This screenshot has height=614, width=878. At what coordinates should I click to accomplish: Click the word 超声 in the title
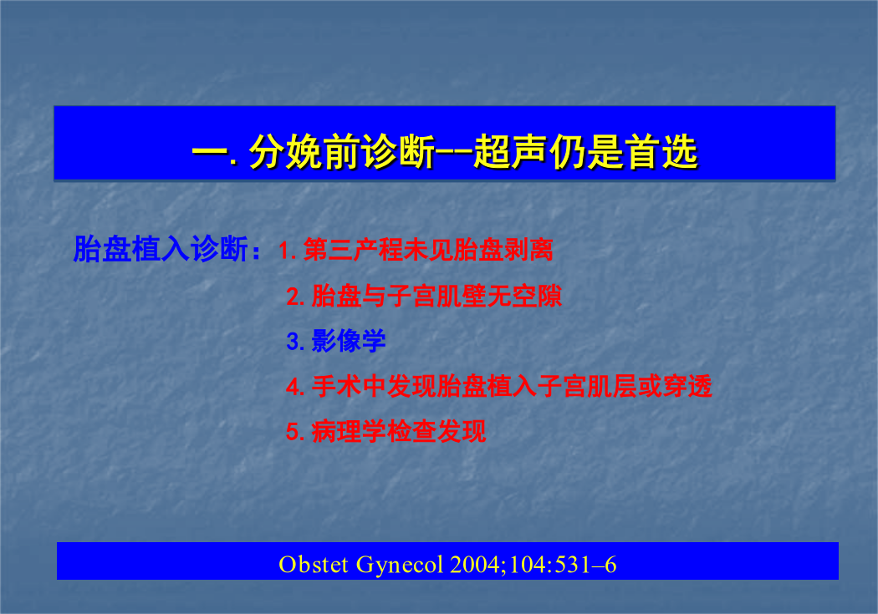(x=509, y=151)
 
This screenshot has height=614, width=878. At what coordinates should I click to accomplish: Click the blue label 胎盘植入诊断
(x=161, y=250)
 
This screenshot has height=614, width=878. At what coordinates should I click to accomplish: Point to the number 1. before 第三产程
(x=288, y=250)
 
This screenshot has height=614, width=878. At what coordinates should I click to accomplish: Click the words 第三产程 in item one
(x=353, y=250)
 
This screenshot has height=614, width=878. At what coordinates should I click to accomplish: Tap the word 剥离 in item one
(x=528, y=250)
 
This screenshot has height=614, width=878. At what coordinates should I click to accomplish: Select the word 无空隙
(x=524, y=296)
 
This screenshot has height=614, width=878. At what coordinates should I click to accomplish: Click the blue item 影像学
(x=349, y=341)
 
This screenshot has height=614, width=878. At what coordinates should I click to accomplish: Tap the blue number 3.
(x=295, y=341)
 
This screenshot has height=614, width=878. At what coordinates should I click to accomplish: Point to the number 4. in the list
(x=295, y=387)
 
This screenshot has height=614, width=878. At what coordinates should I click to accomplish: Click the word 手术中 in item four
(x=349, y=387)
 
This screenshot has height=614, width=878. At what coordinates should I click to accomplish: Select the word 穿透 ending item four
(x=687, y=387)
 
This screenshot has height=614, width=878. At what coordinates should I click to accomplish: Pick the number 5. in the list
(x=295, y=432)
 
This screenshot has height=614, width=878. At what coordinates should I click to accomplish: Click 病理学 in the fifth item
(x=349, y=431)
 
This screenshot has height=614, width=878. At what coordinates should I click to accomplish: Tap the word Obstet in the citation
(x=314, y=564)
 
